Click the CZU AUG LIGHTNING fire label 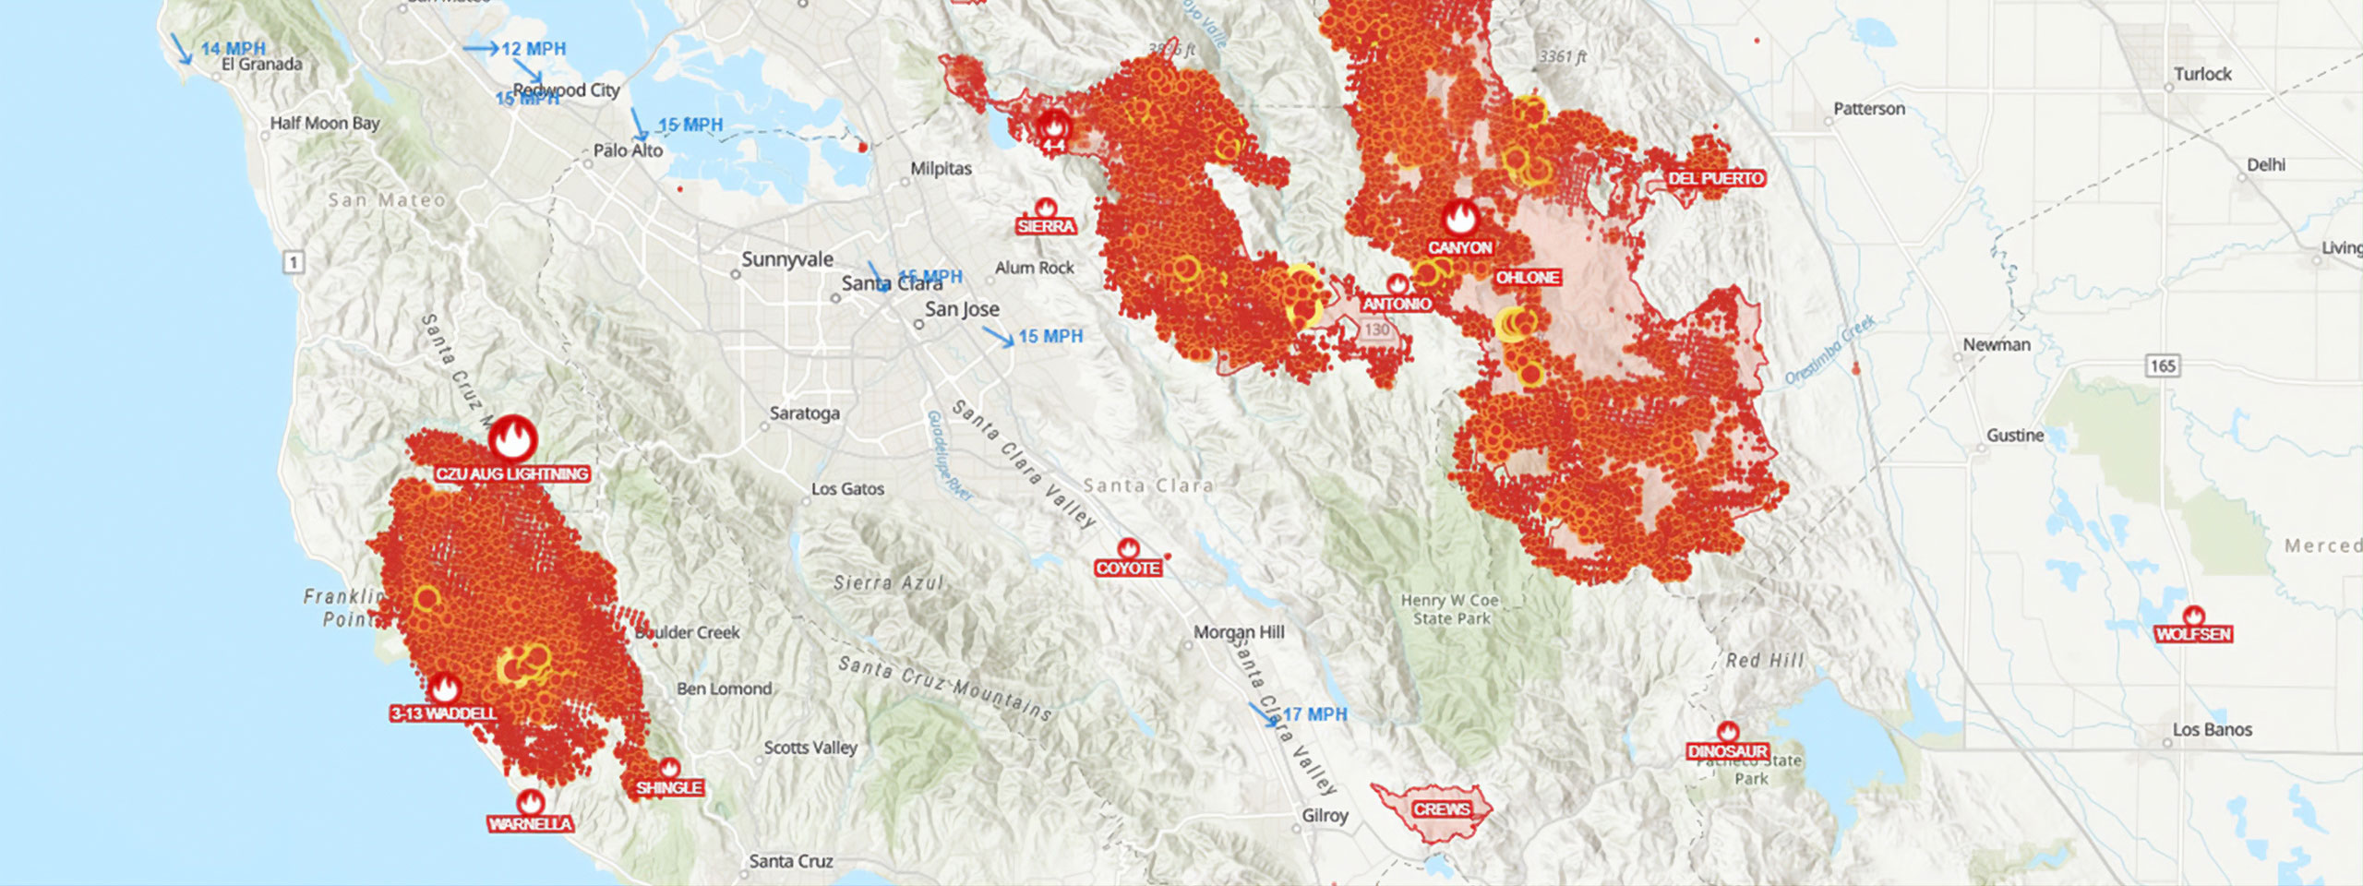[512, 474]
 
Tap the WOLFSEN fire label [2193, 634]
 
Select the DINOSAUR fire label [1727, 751]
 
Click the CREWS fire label [1441, 809]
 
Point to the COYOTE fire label [1128, 569]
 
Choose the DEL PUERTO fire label [1716, 178]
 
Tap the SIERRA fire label [1046, 226]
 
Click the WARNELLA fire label [530, 824]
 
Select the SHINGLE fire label [669, 787]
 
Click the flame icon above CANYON [1460, 219]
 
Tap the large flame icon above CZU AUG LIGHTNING [512, 438]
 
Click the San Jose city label [962, 309]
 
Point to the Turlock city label [2202, 74]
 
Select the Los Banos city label [2212, 729]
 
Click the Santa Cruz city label [791, 861]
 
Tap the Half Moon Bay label [324, 123]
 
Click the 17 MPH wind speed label [1314, 714]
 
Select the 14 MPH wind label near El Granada [233, 48]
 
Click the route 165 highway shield [2163, 366]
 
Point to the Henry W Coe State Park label [1451, 609]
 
